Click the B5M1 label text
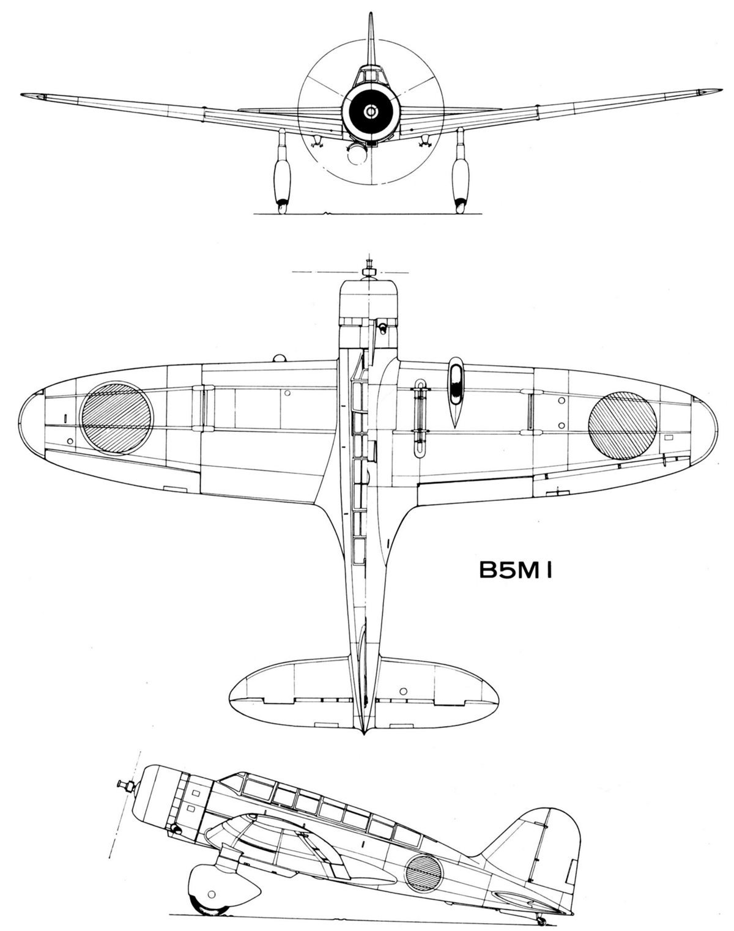pos(516,570)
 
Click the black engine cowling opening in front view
pos(370,111)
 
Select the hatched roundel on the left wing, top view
pos(117,418)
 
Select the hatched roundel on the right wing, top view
pos(623,425)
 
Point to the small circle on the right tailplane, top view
pos(403,691)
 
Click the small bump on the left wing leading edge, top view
pos(280,358)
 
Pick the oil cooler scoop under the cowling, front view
pos(357,154)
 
